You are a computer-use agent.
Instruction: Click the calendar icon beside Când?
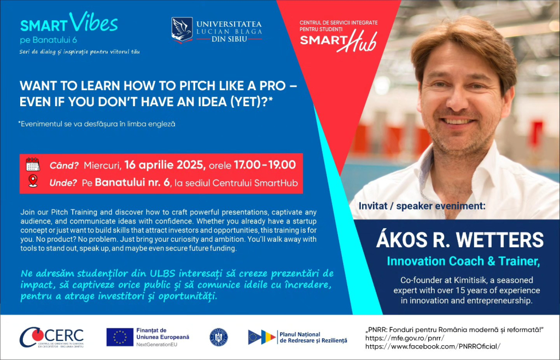click(x=33, y=165)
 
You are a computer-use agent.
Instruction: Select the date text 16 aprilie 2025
click(x=165, y=165)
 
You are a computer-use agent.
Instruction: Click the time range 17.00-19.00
click(x=265, y=165)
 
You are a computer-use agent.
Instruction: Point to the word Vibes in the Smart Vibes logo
click(x=94, y=22)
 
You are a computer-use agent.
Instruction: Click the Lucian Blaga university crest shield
click(x=182, y=30)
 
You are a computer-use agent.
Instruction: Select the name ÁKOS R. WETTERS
click(x=459, y=240)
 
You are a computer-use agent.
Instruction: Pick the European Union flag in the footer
click(x=120, y=337)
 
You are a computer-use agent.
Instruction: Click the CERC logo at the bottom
click(x=51, y=338)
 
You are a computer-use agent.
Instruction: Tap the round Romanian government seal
click(x=219, y=338)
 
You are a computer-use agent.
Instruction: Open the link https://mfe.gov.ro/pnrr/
click(x=405, y=338)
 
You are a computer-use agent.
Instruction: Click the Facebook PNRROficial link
click(x=433, y=346)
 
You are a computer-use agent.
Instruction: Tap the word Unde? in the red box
click(x=63, y=183)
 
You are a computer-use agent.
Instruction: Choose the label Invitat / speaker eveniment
click(x=422, y=206)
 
